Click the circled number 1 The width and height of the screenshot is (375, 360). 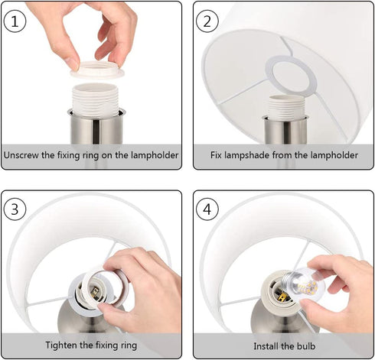click(15, 21)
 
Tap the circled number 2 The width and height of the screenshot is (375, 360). click(207, 21)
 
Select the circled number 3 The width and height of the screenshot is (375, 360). click(15, 209)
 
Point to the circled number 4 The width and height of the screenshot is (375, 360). click(207, 209)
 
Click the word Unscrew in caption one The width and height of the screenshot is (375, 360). click(21, 155)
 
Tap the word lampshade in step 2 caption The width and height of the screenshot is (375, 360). click(247, 155)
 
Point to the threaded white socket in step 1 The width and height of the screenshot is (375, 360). click(96, 99)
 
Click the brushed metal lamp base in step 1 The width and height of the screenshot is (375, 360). click(96, 126)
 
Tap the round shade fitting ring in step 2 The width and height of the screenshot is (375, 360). click(291, 77)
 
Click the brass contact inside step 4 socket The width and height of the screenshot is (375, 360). click(283, 297)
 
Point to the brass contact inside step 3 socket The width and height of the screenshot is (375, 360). click(95, 292)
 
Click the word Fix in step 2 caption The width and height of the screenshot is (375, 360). click(216, 155)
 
